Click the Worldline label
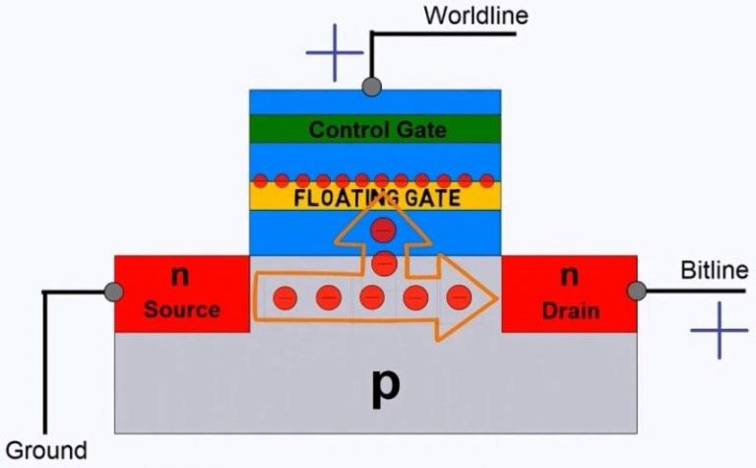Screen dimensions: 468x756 pos(475,16)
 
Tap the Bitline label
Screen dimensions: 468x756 pos(715,270)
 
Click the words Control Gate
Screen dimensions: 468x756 pos(377,130)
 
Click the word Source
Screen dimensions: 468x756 pos(182,309)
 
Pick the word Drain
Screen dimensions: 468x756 pos(570,310)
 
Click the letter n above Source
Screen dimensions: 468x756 pos(180,277)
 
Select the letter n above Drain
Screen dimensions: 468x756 pos(569,277)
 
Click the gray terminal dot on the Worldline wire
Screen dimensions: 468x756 pos(371,87)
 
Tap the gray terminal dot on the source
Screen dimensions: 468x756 pos(114,292)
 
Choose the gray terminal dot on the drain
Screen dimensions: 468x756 pos(638,292)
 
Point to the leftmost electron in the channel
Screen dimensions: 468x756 pos(284,297)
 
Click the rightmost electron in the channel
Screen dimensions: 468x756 pos(459,297)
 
